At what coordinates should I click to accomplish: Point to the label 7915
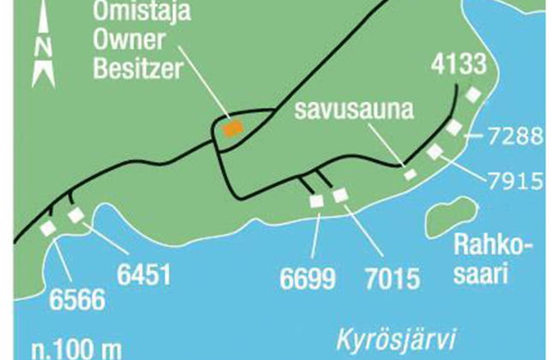pyautogui.click(x=514, y=180)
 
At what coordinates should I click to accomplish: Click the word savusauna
pyautogui.click(x=351, y=111)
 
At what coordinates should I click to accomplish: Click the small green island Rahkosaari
pyautogui.click(x=446, y=218)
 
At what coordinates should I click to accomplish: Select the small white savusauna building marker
pyautogui.click(x=410, y=174)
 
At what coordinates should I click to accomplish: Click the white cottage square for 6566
pyautogui.click(x=48, y=227)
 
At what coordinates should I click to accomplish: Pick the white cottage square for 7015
pyautogui.click(x=341, y=195)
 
